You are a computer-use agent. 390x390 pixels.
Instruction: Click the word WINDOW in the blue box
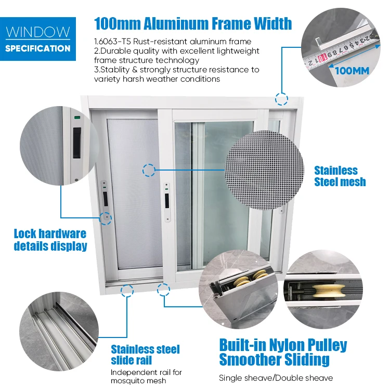click(x=38, y=32)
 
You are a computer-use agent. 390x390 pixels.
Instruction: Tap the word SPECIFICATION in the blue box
click(x=38, y=48)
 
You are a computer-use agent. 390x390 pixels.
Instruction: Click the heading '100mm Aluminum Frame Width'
click(x=193, y=23)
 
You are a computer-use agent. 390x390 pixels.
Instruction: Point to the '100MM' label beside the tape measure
click(x=352, y=71)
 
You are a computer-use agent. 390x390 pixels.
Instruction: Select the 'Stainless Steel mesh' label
click(x=340, y=176)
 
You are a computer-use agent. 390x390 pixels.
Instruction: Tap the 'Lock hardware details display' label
click(x=50, y=240)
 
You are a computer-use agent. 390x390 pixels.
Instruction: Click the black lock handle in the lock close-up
click(x=76, y=144)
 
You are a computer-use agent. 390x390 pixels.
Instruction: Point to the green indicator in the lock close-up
click(x=77, y=117)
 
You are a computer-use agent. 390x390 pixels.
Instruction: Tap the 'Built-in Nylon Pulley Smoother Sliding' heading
click(x=283, y=353)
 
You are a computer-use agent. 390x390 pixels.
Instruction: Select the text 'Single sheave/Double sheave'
click(x=276, y=378)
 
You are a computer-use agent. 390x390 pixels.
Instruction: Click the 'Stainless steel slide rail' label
click(x=145, y=355)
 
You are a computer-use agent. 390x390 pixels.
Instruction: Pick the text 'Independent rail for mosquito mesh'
click(x=146, y=376)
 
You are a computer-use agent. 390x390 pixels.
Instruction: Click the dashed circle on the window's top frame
click(x=281, y=99)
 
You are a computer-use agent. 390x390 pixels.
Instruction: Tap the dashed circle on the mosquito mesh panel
click(x=149, y=171)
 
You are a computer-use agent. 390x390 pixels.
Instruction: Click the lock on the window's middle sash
click(x=167, y=202)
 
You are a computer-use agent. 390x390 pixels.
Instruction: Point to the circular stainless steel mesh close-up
click(x=264, y=170)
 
